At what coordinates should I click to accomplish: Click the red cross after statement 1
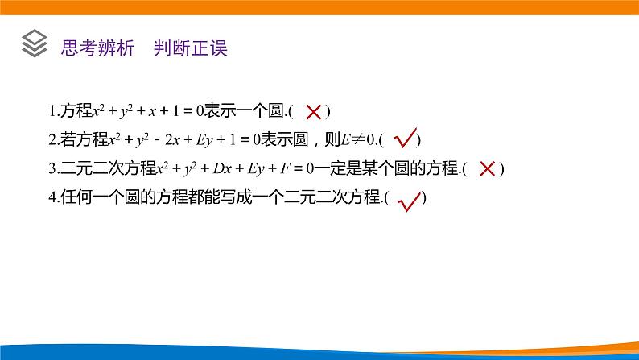315,112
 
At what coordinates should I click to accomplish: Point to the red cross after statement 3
487,168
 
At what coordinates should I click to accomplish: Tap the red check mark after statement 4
410,199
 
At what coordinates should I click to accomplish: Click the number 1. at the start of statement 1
52,111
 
